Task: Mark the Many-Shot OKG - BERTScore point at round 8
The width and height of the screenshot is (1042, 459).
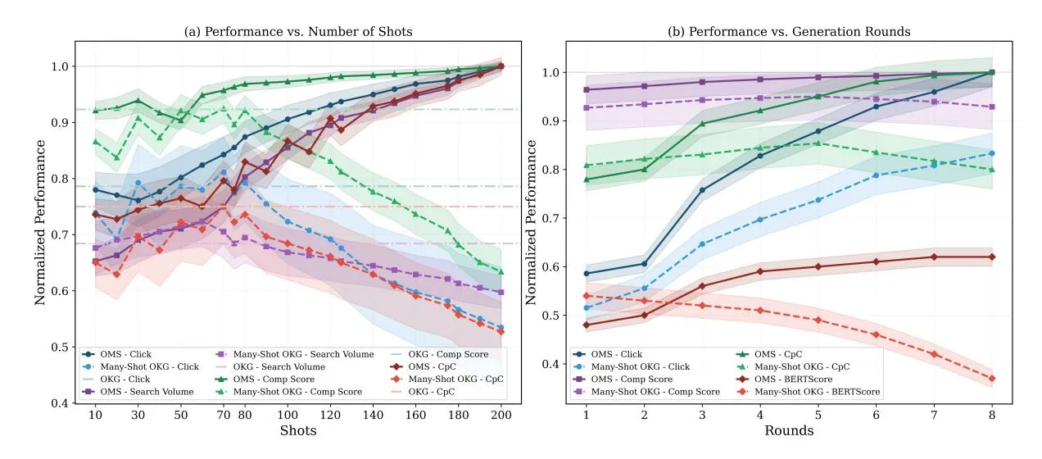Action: [992, 379]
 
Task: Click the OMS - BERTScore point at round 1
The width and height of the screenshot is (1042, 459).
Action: [587, 325]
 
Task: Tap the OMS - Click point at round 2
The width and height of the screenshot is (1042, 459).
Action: [645, 264]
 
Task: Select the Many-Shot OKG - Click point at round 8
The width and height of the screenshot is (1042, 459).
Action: [992, 153]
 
